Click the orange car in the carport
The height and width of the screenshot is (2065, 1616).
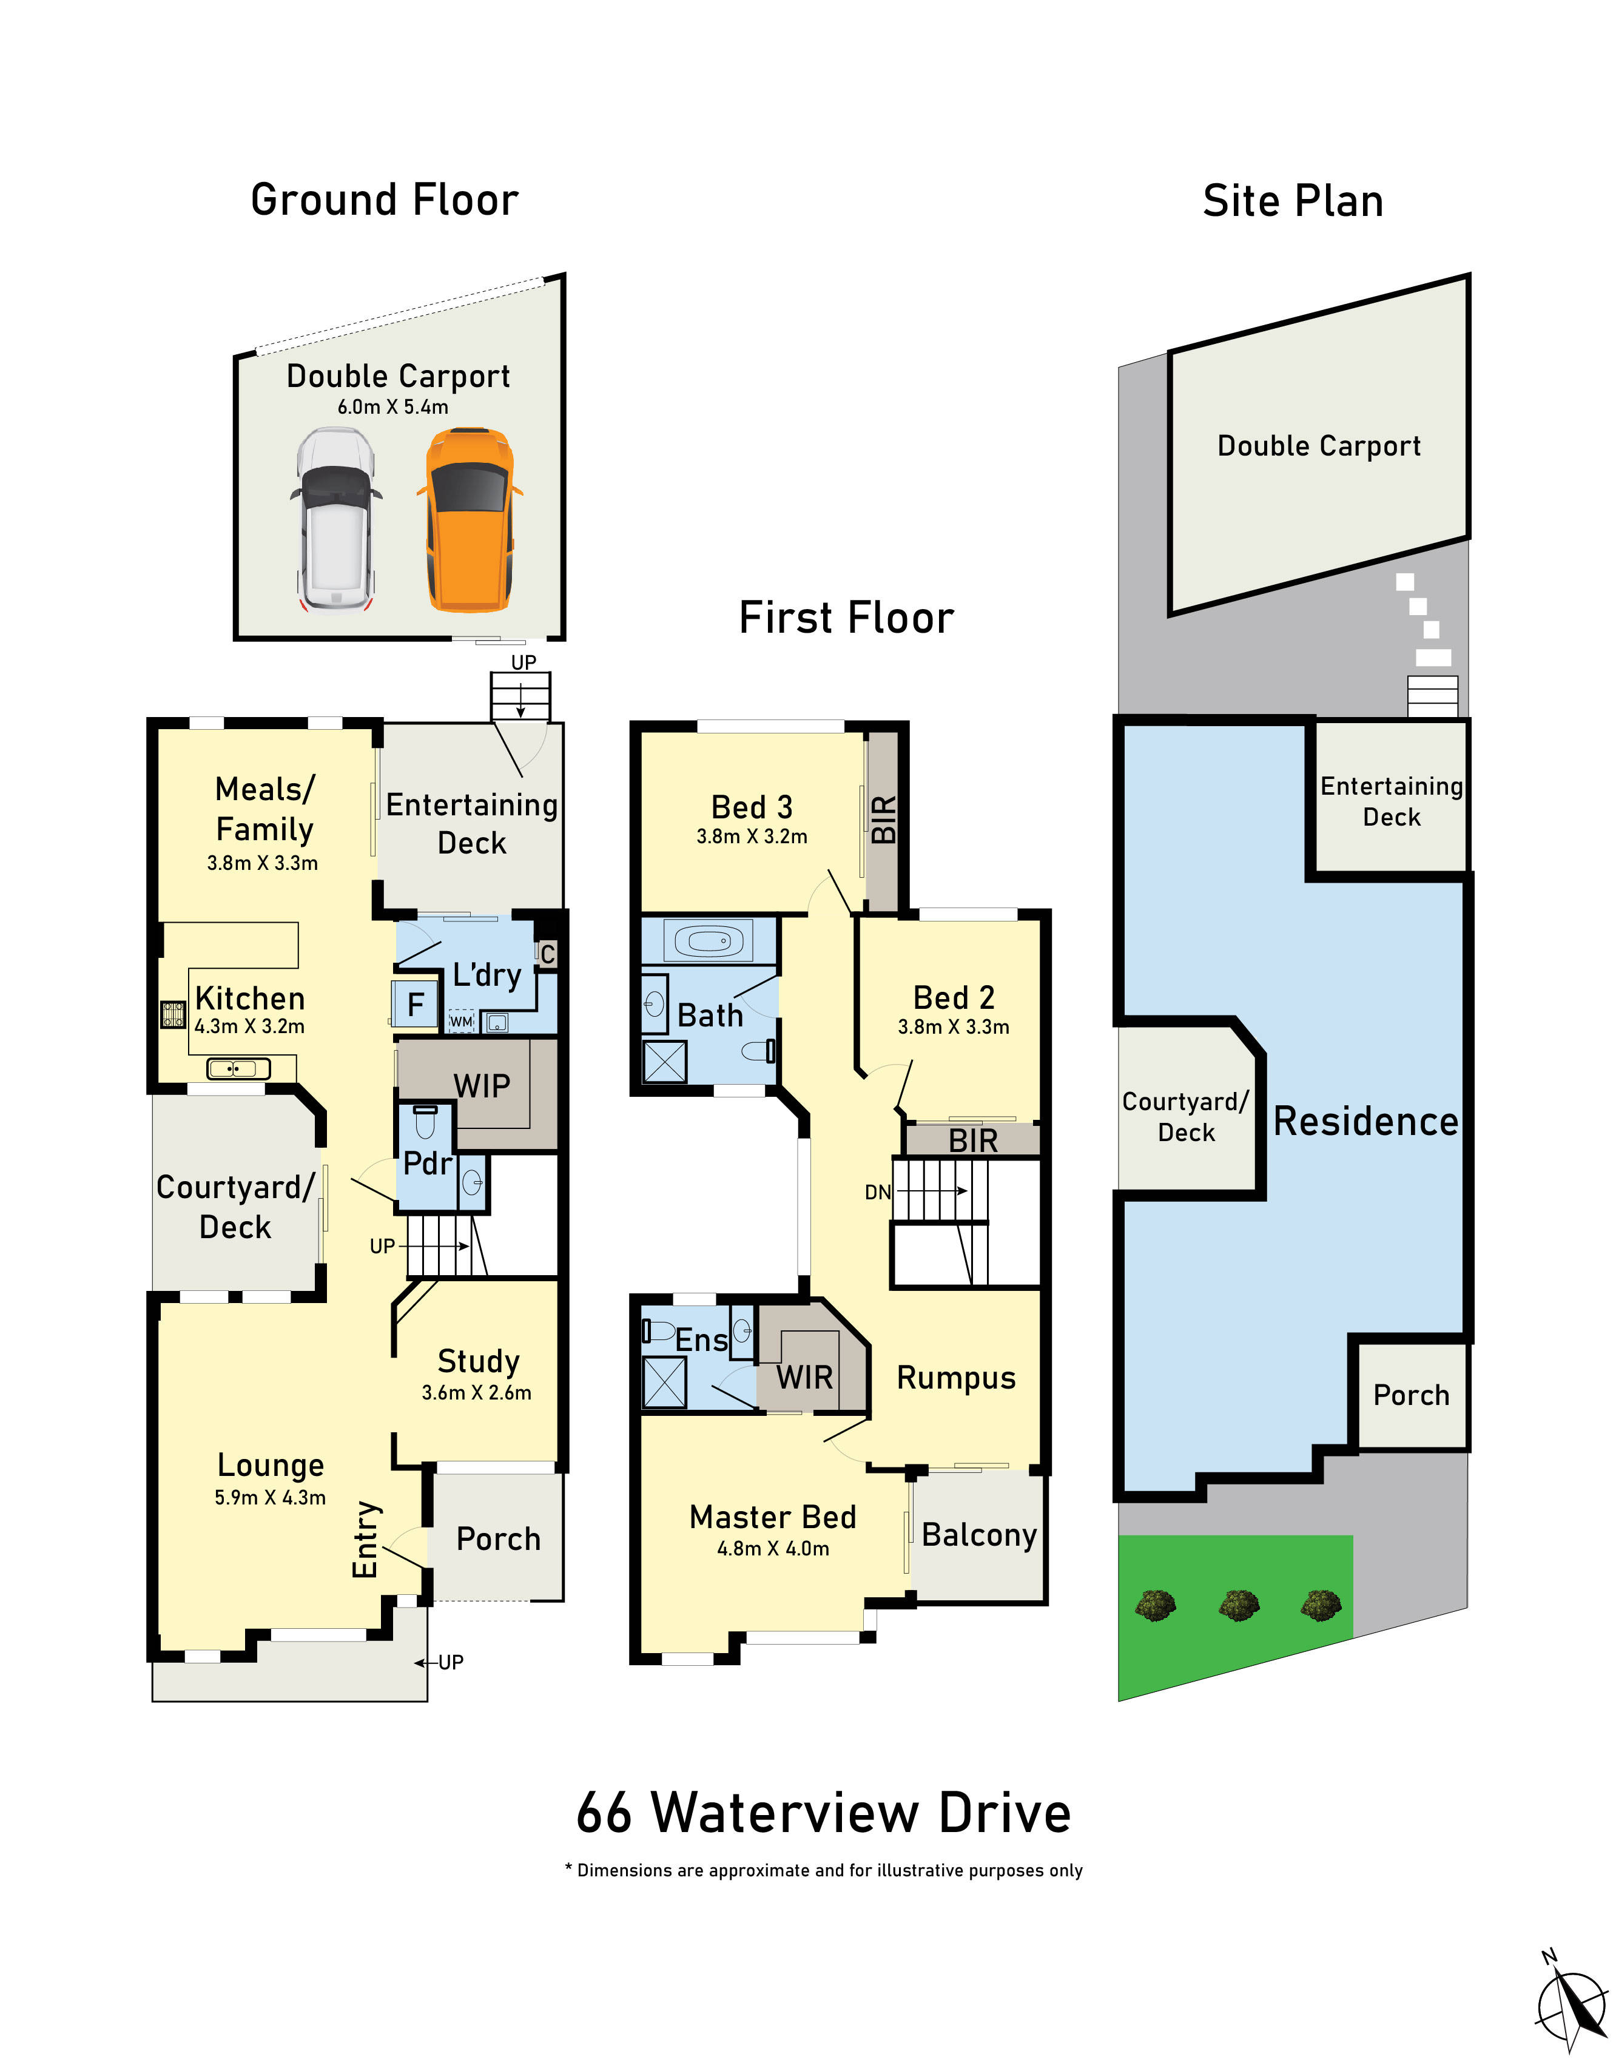click(470, 520)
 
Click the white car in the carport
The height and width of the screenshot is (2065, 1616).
click(336, 520)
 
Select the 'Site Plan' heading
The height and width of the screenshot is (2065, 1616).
click(1293, 201)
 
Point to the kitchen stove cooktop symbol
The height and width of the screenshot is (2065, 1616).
click(172, 1015)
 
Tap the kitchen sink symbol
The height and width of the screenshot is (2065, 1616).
click(237, 1069)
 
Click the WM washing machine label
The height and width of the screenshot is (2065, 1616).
click(461, 1022)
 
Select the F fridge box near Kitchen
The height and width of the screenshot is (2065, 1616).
click(414, 1005)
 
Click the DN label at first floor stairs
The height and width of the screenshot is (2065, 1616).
click(877, 1192)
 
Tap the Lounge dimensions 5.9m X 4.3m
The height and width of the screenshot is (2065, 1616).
click(270, 1497)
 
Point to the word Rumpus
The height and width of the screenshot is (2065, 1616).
click(955, 1378)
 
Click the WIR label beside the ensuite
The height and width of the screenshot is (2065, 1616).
click(804, 1377)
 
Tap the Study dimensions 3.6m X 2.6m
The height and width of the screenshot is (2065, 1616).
click(476, 1392)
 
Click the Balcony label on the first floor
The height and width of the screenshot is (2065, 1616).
click(978, 1534)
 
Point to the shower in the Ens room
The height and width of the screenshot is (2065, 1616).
click(664, 1382)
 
